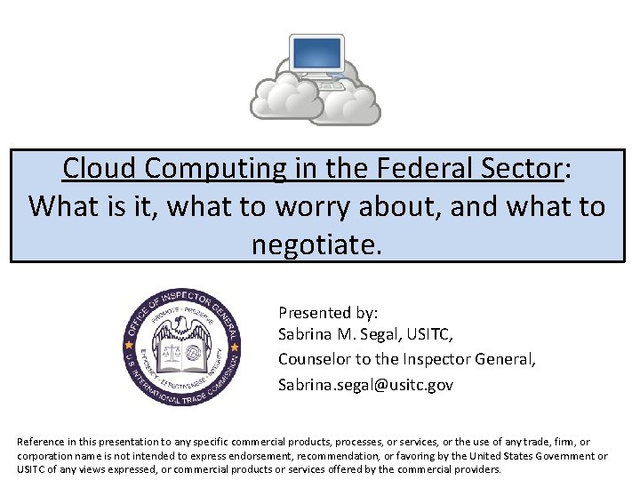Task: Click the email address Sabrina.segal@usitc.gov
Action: [365, 385]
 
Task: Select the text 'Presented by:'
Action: [328, 313]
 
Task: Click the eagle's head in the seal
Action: [183, 323]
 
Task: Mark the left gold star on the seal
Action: [130, 341]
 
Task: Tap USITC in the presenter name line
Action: [431, 336]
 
